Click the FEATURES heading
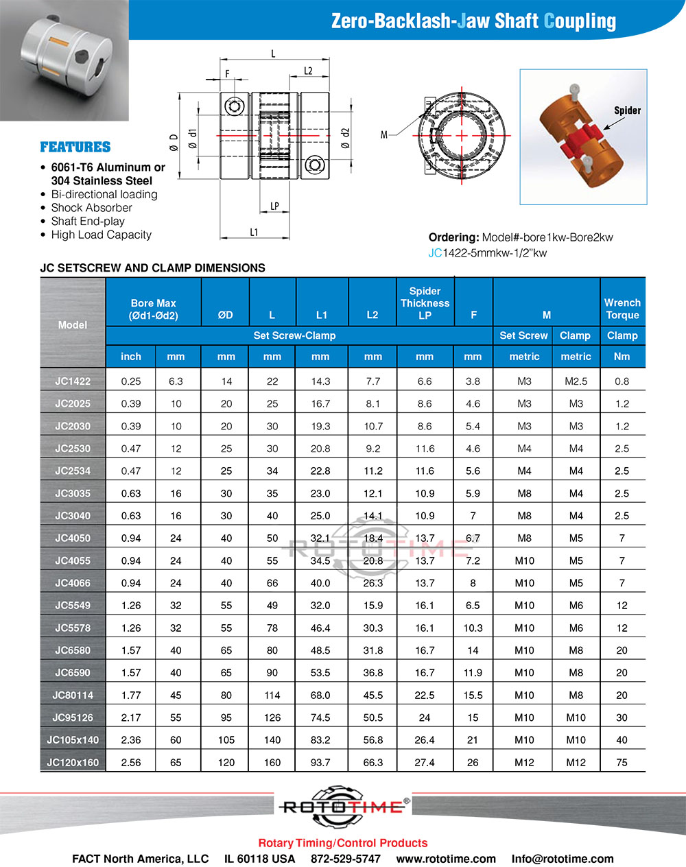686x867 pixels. [75, 147]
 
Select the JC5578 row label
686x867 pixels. [73, 628]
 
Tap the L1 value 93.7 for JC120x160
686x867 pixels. [320, 762]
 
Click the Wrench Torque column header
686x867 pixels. [622, 309]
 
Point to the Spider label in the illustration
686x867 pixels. [627, 110]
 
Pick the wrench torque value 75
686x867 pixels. [622, 762]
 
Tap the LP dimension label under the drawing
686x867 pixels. [274, 206]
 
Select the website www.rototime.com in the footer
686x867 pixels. [446, 859]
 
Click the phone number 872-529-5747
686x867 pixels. [346, 859]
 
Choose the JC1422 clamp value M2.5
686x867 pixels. [576, 381]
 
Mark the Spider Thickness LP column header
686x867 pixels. [425, 303]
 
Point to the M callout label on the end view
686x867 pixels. [384, 136]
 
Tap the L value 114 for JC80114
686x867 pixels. [272, 695]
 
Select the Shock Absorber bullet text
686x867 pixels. [91, 208]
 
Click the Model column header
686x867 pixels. [73, 324]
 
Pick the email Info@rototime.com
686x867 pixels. [563, 859]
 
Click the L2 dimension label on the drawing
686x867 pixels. [308, 71]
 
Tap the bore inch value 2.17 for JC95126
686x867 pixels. [131, 717]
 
